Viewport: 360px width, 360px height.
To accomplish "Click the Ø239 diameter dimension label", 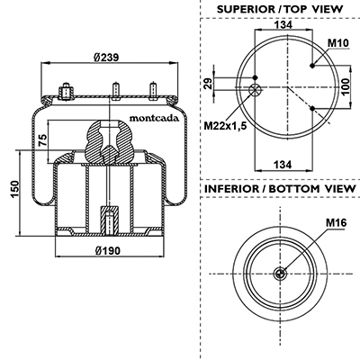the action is [x=106, y=57].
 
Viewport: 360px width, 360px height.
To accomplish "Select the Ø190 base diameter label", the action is [x=107, y=250].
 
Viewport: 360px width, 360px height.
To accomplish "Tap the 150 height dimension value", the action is [x=15, y=190].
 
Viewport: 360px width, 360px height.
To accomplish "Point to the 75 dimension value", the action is [x=43, y=140].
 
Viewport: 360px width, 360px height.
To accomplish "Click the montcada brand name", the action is [x=154, y=118].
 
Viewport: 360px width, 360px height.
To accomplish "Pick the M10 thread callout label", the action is [x=338, y=43].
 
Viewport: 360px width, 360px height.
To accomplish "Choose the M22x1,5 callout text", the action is [x=225, y=126].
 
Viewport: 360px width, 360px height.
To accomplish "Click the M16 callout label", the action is [x=336, y=222].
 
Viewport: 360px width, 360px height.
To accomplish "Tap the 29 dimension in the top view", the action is [x=208, y=83].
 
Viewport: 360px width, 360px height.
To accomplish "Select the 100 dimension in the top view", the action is [x=346, y=86].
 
